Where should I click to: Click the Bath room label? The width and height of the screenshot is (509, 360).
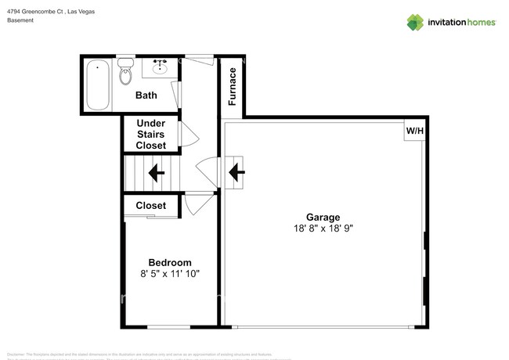[x=146, y=95]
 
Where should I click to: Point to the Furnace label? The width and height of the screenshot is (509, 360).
[x=233, y=86]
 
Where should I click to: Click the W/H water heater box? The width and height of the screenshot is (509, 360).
[x=413, y=131]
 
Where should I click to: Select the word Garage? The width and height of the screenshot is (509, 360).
[x=322, y=218]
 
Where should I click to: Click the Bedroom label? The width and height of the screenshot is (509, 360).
[x=170, y=262]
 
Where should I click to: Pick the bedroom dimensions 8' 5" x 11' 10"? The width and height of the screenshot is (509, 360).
[x=170, y=274]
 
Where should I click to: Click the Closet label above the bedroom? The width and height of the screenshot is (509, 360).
[x=150, y=206]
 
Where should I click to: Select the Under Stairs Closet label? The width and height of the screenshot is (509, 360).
[x=150, y=135]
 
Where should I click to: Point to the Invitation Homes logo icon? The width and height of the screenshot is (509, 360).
[x=415, y=22]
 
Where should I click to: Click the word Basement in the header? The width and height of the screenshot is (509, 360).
[x=20, y=20]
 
